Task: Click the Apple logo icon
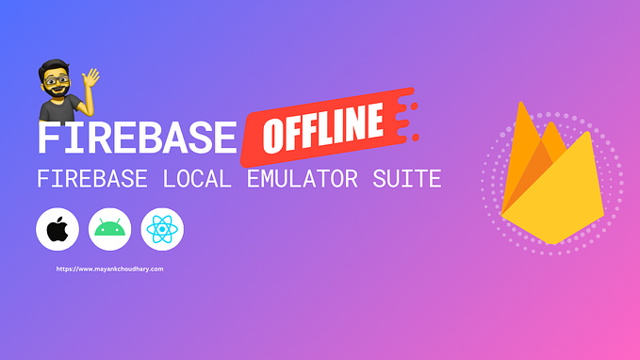57,230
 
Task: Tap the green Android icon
109,230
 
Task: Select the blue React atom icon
162,230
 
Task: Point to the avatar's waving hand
92,74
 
